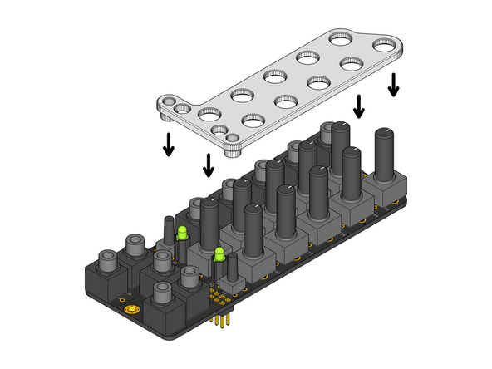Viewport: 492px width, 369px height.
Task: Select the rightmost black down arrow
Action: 393,84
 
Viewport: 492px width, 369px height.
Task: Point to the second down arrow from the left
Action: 209,165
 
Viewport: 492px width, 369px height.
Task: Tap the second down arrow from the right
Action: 359,106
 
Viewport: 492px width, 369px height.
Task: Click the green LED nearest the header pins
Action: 219,254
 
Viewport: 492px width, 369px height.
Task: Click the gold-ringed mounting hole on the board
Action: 131,310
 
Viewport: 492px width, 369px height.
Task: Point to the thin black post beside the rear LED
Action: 167,231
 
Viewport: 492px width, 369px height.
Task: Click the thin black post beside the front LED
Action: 232,267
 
